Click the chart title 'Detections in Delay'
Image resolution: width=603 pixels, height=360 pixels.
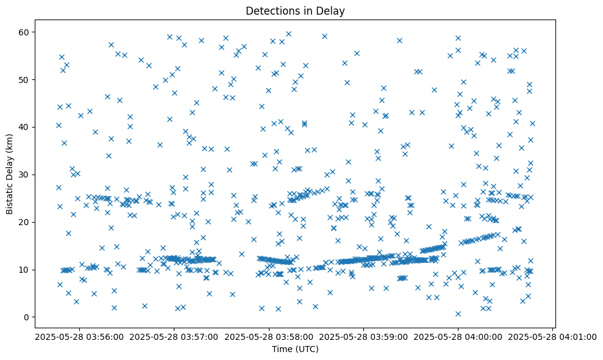[295, 10]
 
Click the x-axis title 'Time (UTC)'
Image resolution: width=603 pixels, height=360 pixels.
[295, 349]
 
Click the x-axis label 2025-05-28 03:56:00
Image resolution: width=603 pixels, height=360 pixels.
[79, 336]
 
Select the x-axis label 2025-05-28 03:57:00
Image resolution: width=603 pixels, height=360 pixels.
[174, 336]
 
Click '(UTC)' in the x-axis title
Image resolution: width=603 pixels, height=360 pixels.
[306, 349]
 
